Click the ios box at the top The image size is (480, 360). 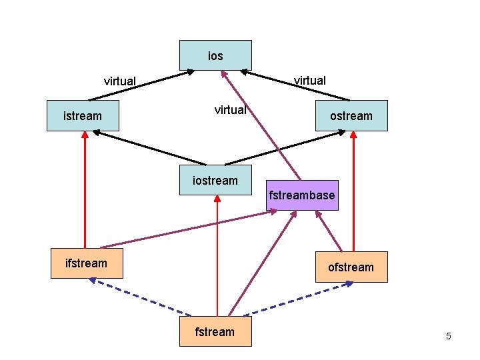click(215, 55)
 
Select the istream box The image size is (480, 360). click(83, 116)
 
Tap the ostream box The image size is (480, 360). click(351, 116)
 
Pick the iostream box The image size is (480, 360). click(215, 180)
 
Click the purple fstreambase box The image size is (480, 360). click(302, 195)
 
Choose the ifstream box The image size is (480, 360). click(86, 263)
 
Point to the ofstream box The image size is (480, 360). click(351, 267)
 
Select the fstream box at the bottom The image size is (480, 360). click(215, 331)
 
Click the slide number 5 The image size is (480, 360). click(449, 336)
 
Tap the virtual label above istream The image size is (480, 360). click(120, 81)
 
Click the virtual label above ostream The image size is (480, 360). click(310, 81)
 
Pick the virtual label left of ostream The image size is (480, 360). click(230, 110)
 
